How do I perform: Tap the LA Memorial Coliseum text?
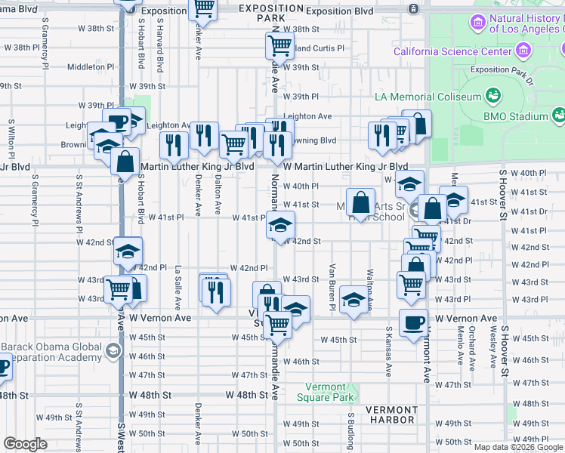pyautogui.click(x=428, y=97)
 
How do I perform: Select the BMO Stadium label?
pyautogui.click(x=517, y=117)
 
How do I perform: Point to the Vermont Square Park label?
pyautogui.click(x=330, y=392)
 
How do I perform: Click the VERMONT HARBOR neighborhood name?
pyautogui.click(x=391, y=414)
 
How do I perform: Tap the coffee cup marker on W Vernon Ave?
pyautogui.click(x=412, y=322)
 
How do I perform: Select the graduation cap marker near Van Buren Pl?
pyautogui.click(x=353, y=300)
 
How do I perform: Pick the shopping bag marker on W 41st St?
pyautogui.click(x=362, y=202)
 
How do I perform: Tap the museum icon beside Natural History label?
pyautogui.click(x=477, y=23)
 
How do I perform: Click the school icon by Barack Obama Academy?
pyautogui.click(x=113, y=350)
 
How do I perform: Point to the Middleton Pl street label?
pyautogui.click(x=90, y=66)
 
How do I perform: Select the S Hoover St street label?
pyautogui.click(x=502, y=196)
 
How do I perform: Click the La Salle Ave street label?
pyautogui.click(x=178, y=288)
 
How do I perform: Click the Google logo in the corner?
pyautogui.click(x=26, y=444)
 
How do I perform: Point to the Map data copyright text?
pyautogui.click(x=518, y=447)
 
